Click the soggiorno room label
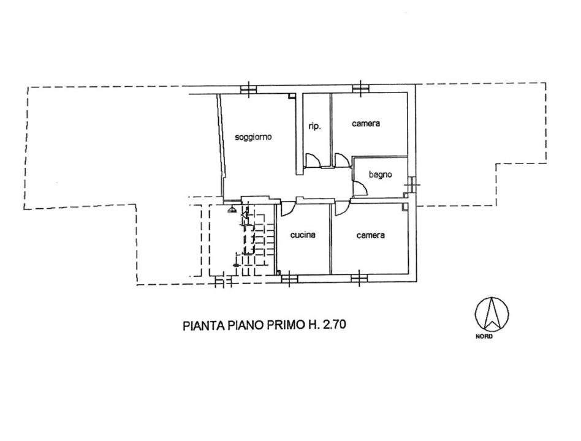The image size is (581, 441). pos(253,137)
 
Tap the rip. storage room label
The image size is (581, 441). pos(316,127)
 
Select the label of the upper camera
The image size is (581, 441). pos(366,123)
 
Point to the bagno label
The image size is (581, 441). pos(380,175)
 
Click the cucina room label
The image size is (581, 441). pos(303,235)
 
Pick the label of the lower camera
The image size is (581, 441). pos(371,235)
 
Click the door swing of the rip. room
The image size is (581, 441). pos(313,160)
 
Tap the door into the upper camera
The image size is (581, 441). pos(342,160)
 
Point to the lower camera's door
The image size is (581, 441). pos(341,208)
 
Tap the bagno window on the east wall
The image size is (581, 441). pos(413,182)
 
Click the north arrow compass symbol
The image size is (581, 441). pos(492,314)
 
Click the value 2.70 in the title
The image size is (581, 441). pos(335,326)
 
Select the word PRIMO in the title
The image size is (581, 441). pos(284,326)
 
